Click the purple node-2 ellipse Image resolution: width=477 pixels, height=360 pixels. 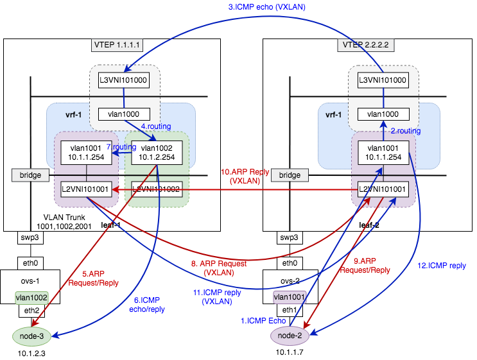pyautogui.click(x=290, y=334)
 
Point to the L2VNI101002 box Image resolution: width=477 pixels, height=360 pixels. pyautogui.click(x=157, y=189)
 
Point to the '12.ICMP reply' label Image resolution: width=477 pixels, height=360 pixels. pyautogui.click(x=442, y=265)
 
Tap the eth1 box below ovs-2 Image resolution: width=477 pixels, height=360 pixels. pyautogui.click(x=290, y=311)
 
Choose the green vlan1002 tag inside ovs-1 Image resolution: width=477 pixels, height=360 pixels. pyautogui.click(x=31, y=297)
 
